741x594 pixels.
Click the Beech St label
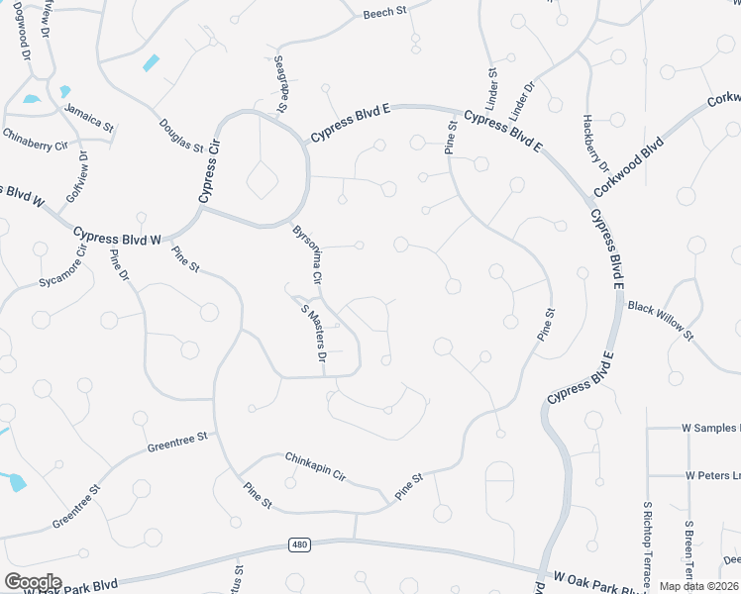coord(385,14)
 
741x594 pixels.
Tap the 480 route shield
coord(299,544)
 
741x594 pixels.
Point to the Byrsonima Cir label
coord(307,255)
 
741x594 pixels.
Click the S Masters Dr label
coord(314,338)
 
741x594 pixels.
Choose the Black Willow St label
coord(661,322)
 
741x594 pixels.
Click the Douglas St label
coord(180,134)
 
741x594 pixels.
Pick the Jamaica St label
coord(89,116)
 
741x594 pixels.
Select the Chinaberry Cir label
coord(35,139)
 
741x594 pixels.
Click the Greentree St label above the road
coord(177,442)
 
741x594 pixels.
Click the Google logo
coord(33,581)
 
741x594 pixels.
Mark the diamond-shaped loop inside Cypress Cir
coord(262,180)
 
